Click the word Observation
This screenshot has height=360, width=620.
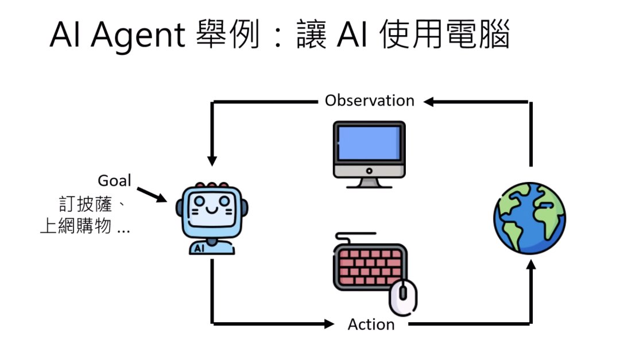pos(369,100)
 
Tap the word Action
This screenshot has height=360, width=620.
pos(371,324)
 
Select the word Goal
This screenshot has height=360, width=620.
pos(114,180)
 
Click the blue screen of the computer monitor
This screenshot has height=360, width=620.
pos(369,144)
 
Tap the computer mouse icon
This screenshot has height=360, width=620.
pos(403,296)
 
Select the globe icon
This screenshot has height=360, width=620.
pos(529,217)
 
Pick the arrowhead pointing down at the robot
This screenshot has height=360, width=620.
pos(212,160)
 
